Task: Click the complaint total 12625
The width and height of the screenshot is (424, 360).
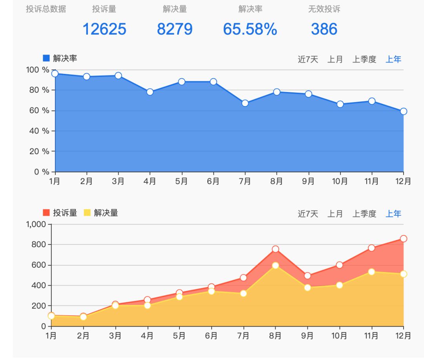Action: click(104, 29)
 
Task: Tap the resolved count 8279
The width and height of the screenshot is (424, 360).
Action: click(175, 29)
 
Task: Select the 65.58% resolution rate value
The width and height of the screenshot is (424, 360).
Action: click(250, 29)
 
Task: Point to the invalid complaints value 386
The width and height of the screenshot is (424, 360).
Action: click(324, 29)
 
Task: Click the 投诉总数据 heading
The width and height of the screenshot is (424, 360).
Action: click(46, 9)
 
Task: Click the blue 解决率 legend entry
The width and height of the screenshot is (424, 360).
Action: click(60, 59)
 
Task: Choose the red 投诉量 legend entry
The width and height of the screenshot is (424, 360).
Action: click(60, 213)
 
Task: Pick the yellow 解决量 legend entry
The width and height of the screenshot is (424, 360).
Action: click(101, 213)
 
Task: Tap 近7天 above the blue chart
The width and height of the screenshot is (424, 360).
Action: click(308, 59)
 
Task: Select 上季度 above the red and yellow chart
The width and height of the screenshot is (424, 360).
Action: click(364, 214)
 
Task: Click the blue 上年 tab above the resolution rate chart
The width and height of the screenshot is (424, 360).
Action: click(393, 59)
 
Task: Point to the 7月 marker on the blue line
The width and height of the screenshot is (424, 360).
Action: click(245, 103)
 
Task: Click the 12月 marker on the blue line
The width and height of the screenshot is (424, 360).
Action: click(404, 111)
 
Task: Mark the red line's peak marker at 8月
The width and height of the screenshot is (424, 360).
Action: click(275, 249)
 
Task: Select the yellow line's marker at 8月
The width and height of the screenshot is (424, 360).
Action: click(275, 266)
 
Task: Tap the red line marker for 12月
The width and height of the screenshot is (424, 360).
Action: click(404, 239)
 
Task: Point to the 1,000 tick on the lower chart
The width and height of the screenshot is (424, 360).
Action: click(36, 224)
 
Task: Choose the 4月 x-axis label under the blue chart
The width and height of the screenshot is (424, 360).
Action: click(150, 181)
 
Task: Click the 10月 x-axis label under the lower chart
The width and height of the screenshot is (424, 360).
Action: click(339, 336)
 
